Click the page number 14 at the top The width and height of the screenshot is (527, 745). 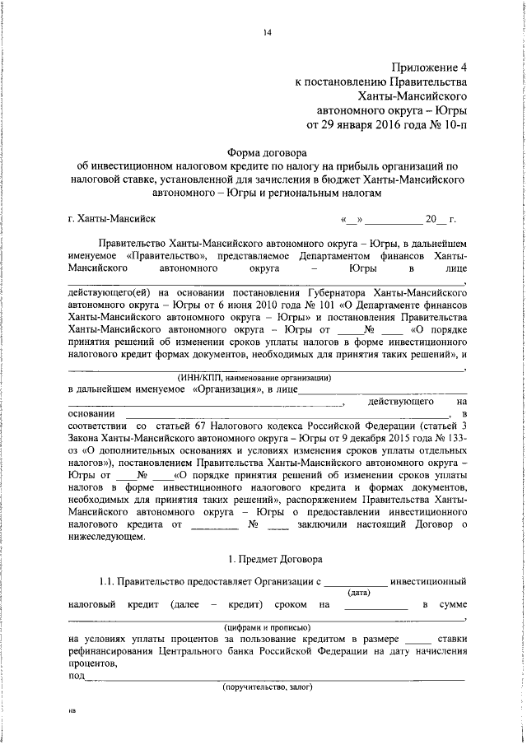coord(267,32)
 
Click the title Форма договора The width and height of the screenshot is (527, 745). coord(266,152)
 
